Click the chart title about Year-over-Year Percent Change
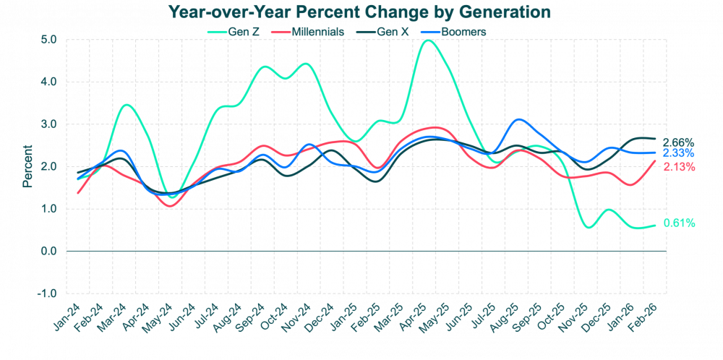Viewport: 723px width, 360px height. [359, 12]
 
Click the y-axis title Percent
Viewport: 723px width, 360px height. [27, 166]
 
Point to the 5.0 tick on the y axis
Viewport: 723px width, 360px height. [48, 40]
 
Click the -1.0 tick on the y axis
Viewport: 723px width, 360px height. [47, 293]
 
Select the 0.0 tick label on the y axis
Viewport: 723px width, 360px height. [48, 252]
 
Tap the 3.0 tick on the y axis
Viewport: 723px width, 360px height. [48, 124]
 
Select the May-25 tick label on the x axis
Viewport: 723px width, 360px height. [442, 313]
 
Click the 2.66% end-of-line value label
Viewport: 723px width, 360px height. [678, 142]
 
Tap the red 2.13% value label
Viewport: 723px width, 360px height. [678, 167]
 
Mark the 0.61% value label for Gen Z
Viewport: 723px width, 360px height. [678, 223]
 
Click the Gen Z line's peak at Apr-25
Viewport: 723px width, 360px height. [428, 41]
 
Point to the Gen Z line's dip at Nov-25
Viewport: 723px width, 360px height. [588, 227]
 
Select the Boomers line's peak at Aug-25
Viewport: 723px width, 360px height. [518, 120]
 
